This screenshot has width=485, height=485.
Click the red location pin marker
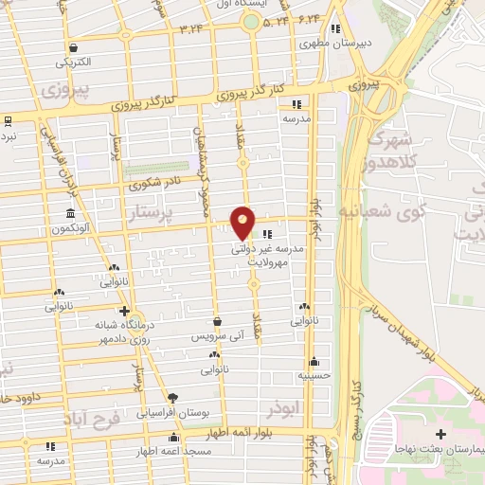243,224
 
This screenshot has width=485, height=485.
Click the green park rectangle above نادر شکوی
143,172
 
